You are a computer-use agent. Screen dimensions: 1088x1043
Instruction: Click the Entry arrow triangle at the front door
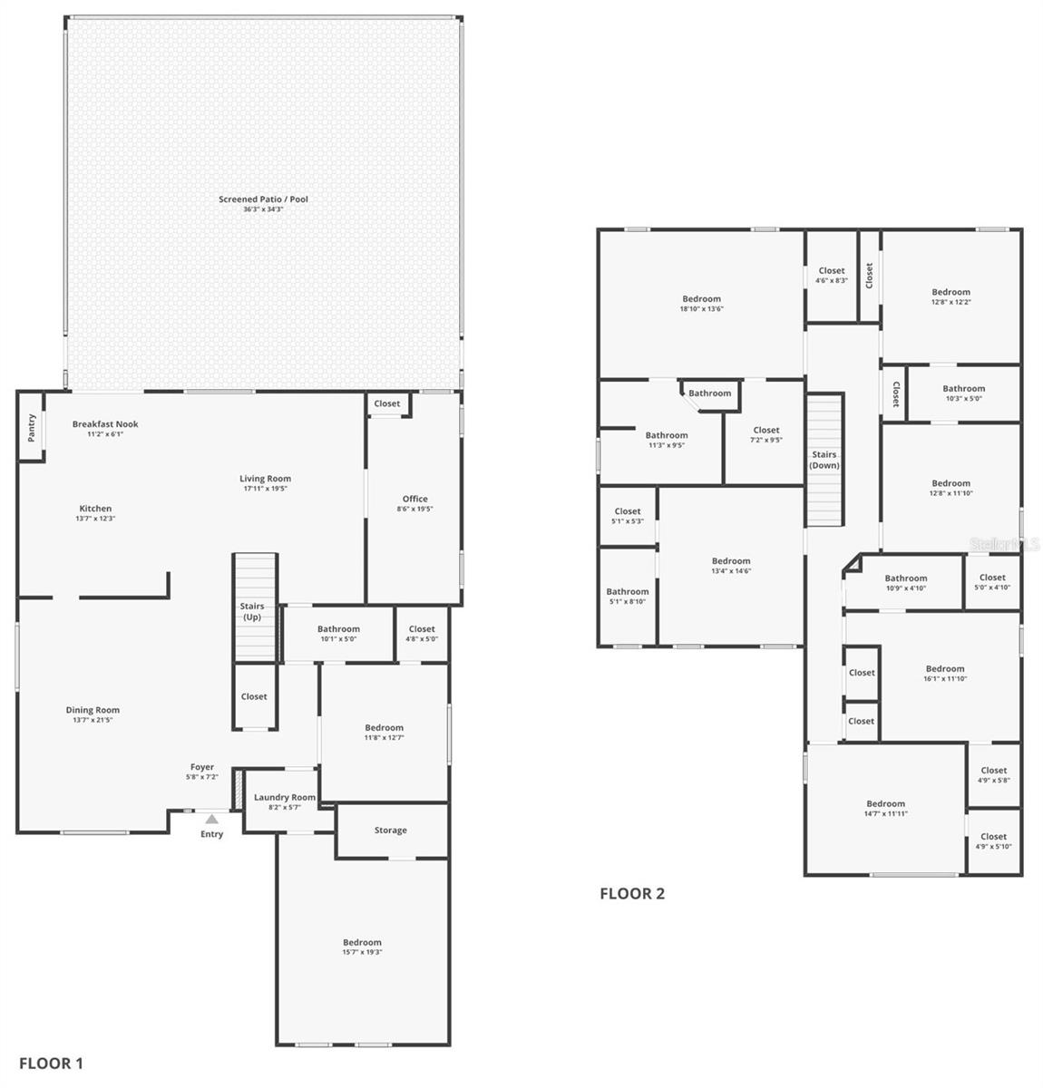coord(211,819)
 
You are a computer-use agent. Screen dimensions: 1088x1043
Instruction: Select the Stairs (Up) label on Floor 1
coord(252,611)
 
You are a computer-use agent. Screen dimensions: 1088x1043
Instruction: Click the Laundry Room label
coord(285,798)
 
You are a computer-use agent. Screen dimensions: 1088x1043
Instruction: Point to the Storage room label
coord(391,831)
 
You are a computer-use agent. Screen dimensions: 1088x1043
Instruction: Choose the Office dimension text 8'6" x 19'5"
coord(414,509)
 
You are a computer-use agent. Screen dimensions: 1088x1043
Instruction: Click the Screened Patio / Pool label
coord(263,199)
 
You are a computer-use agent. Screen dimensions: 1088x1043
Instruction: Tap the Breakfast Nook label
coord(105,424)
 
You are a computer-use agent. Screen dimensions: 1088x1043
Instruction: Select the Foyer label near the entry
coord(202,767)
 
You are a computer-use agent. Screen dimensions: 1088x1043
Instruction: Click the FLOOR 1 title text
coord(51,1064)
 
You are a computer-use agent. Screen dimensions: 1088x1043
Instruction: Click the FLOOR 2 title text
coord(632,894)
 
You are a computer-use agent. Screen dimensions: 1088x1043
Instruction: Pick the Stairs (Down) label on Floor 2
coord(824,460)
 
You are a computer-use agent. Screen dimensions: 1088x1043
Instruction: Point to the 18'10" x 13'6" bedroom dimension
coord(701,309)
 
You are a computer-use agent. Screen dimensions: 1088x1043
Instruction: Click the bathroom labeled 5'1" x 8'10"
coord(628,596)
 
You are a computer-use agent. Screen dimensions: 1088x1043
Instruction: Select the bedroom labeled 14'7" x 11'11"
coord(885,809)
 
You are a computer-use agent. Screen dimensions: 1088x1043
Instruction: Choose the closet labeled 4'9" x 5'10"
coord(993,841)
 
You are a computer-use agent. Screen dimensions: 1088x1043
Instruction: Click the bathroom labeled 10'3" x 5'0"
coord(963,393)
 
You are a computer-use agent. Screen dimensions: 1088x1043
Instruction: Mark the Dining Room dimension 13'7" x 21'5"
coord(93,720)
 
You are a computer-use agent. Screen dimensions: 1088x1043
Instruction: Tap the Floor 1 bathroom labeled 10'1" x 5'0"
coord(338,634)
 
